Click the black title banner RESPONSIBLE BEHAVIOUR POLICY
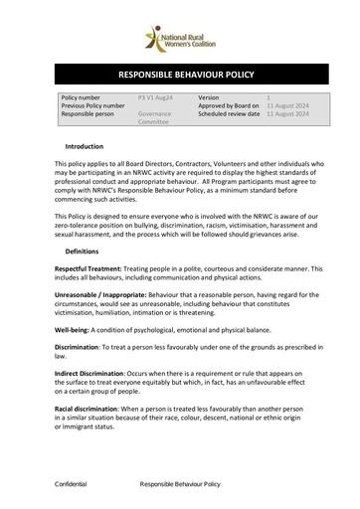point(179,75)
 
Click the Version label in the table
point(209,96)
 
